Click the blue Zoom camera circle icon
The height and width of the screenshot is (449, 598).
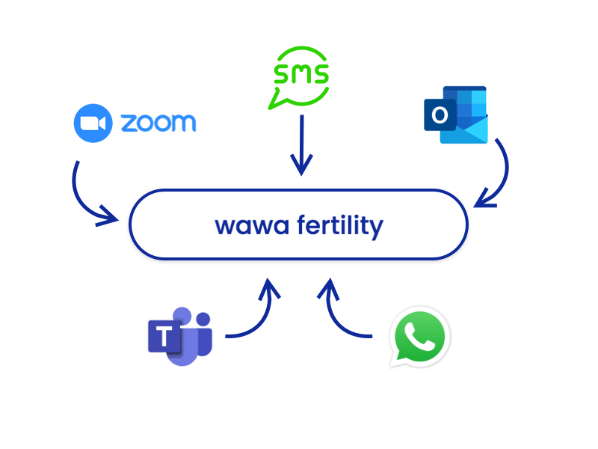point(93,123)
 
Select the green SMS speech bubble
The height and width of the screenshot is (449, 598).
point(299,76)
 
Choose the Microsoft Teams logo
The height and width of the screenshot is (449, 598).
point(180,336)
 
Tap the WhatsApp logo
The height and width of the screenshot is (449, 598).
point(419,336)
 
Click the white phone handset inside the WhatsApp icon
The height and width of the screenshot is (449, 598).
point(420,336)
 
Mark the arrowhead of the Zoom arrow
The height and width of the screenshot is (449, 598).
point(111,218)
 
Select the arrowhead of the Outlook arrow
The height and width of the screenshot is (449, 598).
point(484,200)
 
